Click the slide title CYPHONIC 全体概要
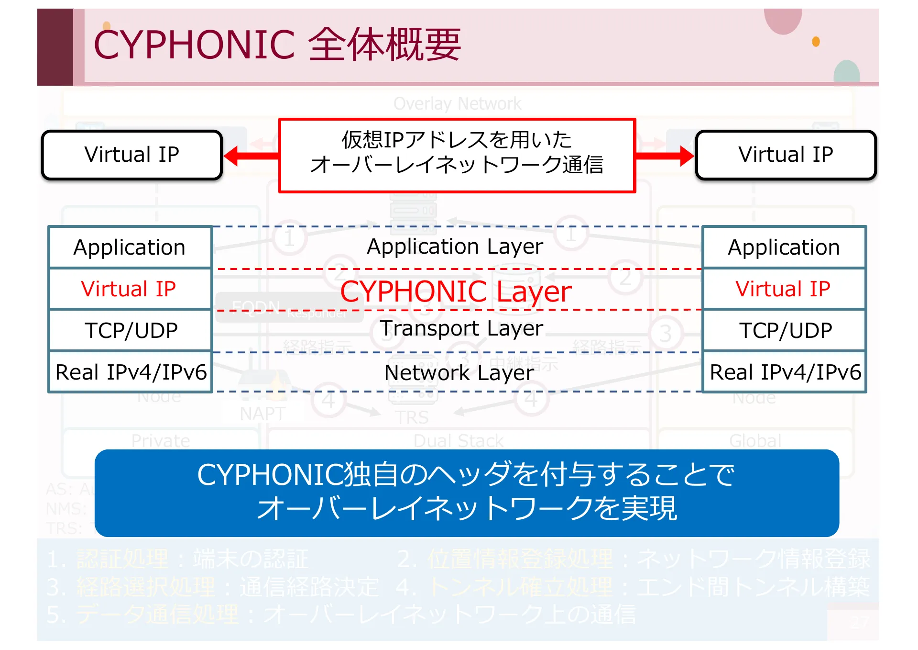(x=277, y=45)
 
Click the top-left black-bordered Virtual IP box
(x=132, y=155)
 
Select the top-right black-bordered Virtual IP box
(x=786, y=155)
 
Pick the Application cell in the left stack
(x=130, y=247)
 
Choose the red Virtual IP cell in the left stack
(x=129, y=289)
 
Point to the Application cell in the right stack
(x=784, y=247)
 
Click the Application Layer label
(x=455, y=247)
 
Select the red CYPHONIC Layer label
(x=456, y=291)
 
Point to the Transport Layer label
(x=461, y=328)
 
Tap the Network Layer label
(x=459, y=372)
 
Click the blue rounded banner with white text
(x=467, y=493)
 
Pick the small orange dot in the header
(x=816, y=42)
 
